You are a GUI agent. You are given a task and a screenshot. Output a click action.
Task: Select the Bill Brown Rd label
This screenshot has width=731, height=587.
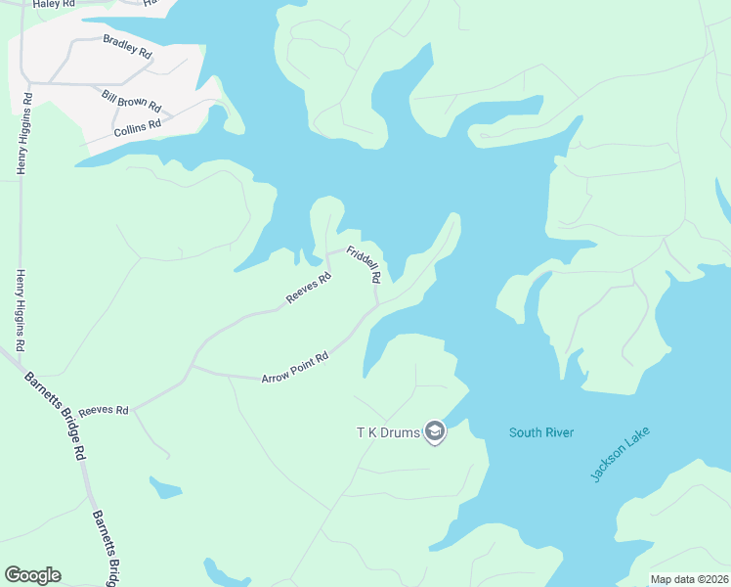[131, 99]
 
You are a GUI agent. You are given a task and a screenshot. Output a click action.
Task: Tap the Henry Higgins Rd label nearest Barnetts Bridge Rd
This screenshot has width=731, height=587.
[20, 311]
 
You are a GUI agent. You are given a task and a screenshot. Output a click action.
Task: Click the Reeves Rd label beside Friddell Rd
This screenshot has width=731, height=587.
[309, 287]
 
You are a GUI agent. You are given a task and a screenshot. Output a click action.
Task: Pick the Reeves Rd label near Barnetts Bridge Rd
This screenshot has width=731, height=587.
[104, 411]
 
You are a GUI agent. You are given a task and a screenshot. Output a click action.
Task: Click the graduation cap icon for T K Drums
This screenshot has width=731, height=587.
[435, 432]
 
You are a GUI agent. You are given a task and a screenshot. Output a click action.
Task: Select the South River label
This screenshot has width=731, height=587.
[541, 432]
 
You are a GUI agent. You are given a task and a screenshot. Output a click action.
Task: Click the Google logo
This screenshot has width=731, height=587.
[32, 575]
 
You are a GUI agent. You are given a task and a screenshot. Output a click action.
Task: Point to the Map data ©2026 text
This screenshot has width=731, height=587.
[689, 579]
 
